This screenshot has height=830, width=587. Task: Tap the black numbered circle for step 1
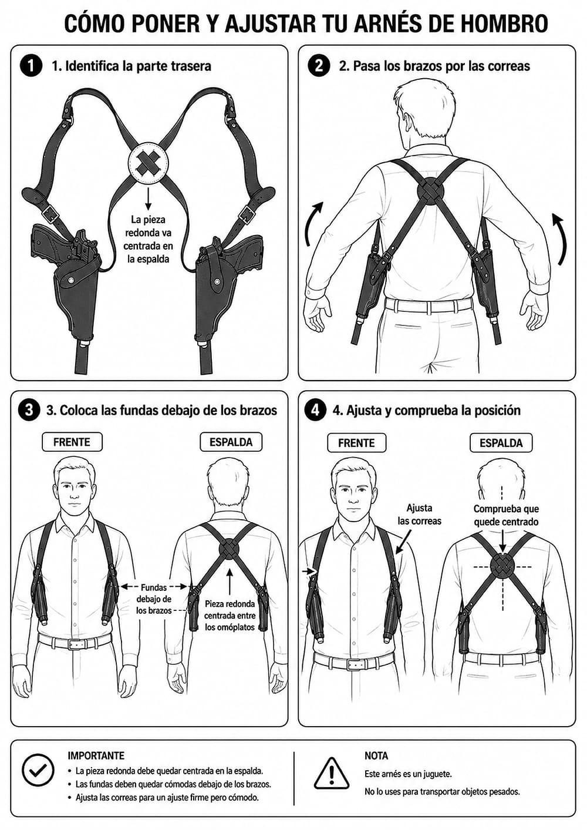(31, 66)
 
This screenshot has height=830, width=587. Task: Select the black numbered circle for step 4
(315, 410)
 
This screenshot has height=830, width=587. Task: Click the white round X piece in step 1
(148, 163)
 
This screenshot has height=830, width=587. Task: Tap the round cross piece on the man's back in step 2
(431, 191)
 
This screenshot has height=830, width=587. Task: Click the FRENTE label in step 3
(72, 442)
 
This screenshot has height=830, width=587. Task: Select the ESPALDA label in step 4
(501, 443)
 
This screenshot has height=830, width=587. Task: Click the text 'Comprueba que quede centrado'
(506, 515)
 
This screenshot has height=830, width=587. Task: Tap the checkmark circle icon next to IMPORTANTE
(38, 770)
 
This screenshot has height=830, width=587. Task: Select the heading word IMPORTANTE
(96, 755)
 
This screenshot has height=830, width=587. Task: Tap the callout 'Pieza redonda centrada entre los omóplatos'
(230, 616)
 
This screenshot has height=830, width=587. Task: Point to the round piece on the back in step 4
(502, 566)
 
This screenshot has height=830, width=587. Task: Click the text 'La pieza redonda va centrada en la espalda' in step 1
(148, 239)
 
